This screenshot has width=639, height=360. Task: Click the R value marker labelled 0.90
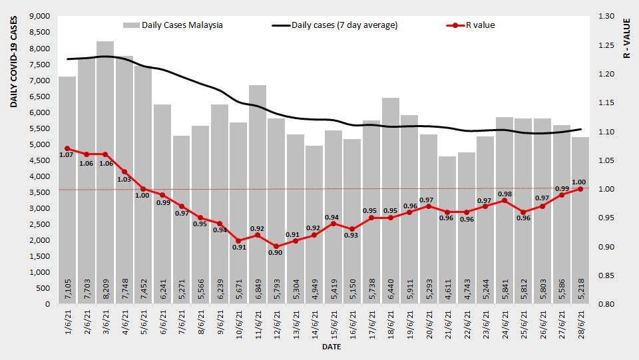point(276,246)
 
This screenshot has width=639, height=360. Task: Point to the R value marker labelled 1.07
point(67,148)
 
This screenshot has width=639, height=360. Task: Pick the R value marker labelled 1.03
point(124,172)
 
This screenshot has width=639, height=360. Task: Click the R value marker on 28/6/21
point(580,189)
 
